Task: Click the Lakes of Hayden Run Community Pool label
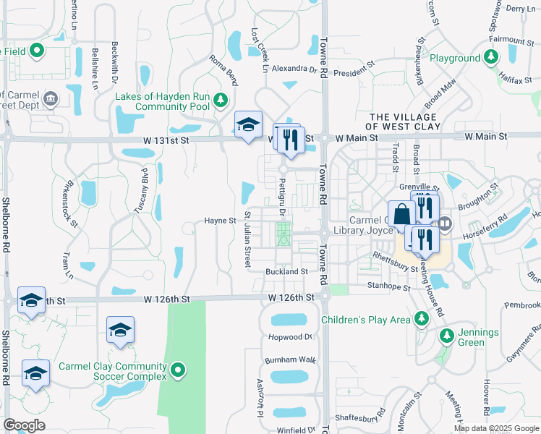click(x=163, y=101)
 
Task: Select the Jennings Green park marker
click(x=446, y=336)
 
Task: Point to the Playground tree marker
click(x=490, y=56)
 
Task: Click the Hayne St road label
click(x=220, y=221)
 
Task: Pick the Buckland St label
click(x=286, y=272)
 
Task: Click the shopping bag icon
click(x=402, y=215)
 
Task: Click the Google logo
click(x=24, y=425)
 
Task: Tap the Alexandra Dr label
click(x=295, y=69)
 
